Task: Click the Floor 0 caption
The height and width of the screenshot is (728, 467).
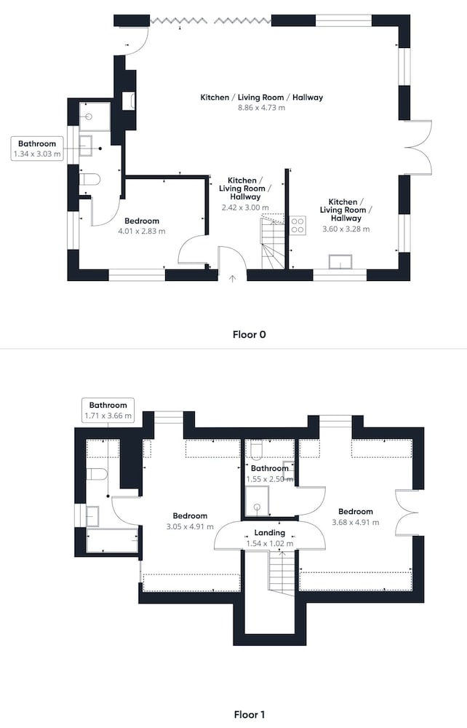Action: [249, 334]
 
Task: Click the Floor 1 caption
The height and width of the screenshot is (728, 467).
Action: [249, 715]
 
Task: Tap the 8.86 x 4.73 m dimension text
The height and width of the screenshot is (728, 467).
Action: [262, 108]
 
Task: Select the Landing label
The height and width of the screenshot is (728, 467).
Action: [269, 533]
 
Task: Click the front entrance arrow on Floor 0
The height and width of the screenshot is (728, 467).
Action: [232, 278]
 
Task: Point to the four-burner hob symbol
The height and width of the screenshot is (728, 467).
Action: [298, 225]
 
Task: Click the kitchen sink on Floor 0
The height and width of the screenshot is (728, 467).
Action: [340, 261]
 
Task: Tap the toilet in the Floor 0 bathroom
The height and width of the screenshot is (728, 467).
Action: [89, 179]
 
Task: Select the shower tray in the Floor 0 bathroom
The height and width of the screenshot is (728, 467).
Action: [95, 116]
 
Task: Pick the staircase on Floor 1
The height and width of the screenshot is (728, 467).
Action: [282, 572]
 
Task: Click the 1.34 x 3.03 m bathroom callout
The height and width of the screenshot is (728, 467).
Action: [37, 149]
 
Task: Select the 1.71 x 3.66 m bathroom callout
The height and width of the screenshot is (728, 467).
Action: [108, 411]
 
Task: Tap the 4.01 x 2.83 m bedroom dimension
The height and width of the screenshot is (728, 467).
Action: [142, 232]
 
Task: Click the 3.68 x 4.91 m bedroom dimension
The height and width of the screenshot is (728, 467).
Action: [355, 522]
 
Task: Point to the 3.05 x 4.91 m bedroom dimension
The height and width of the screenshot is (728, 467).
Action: [190, 526]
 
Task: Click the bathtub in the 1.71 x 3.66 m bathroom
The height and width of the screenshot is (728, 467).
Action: [113, 540]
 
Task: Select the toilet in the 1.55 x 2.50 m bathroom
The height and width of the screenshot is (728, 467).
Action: [257, 451]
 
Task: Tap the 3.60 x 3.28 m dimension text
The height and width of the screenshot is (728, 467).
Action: [346, 229]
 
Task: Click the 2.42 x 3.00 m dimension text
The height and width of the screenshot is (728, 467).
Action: [245, 207]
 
